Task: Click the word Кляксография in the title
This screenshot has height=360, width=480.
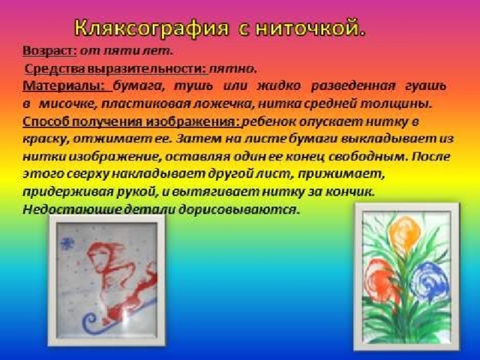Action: tap(151, 28)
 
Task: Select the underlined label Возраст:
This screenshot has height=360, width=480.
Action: tap(50, 51)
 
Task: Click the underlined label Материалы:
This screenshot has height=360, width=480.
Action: tap(67, 85)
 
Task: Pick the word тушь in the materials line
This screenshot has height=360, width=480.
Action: tap(193, 85)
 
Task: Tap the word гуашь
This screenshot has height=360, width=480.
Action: tap(425, 85)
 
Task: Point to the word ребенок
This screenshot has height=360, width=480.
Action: tap(268, 121)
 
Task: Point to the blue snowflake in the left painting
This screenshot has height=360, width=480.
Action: tap(67, 243)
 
